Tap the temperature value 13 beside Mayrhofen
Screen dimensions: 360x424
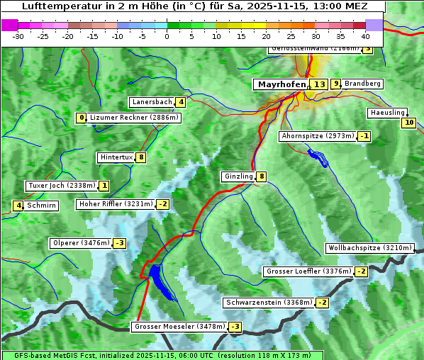(x=320, y=84)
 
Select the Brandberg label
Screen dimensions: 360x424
(x=362, y=84)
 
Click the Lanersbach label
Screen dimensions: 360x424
(x=152, y=102)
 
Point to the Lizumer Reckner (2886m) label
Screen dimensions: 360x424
(x=133, y=118)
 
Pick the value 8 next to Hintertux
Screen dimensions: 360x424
(x=141, y=157)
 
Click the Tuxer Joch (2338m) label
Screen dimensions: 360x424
(x=61, y=186)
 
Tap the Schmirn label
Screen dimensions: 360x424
(x=42, y=206)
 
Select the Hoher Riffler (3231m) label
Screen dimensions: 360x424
(x=115, y=204)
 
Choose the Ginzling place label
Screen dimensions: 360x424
(x=238, y=176)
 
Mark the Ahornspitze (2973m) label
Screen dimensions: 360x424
(x=318, y=135)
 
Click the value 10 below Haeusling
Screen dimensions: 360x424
(x=408, y=123)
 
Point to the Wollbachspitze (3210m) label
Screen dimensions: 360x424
(x=369, y=248)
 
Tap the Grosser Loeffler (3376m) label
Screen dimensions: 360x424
(x=308, y=271)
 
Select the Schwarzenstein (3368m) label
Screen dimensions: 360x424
(x=268, y=303)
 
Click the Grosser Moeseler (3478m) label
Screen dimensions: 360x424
(x=179, y=327)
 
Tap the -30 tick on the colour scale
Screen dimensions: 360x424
(x=18, y=36)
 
